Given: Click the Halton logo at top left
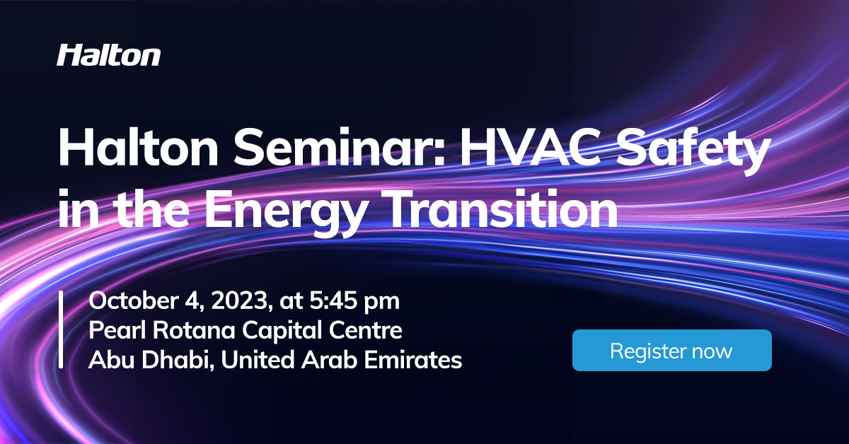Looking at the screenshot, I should point(108,55).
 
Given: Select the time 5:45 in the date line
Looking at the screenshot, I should point(333,300).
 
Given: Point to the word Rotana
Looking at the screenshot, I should point(178,330).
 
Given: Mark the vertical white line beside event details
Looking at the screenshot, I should point(62,329).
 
